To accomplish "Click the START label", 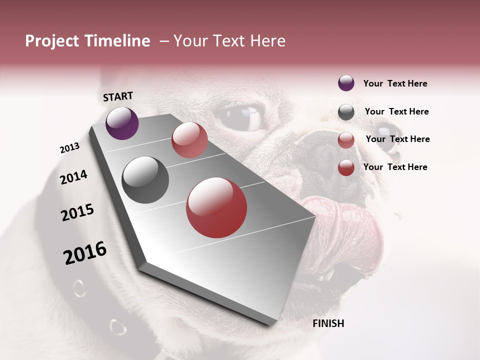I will pos(118,96).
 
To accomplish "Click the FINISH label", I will pos(328,323).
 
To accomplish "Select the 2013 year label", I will pos(69,148).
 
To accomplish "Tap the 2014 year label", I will pos(73,177).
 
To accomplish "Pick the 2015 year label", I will pos(77,212).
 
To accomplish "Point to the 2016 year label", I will pos(85,253).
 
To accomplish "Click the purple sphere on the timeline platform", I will pos(122,123).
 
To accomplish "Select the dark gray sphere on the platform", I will pos(145,180).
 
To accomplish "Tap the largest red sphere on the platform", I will pos(216,207).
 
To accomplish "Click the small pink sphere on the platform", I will pos(189,140).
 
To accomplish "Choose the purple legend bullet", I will pos(346,83).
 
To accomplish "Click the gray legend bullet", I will pos(346,112).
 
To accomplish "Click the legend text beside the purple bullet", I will pos(395,83).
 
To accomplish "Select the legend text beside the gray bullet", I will pos(396,111).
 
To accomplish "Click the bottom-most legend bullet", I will pos(346,167).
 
